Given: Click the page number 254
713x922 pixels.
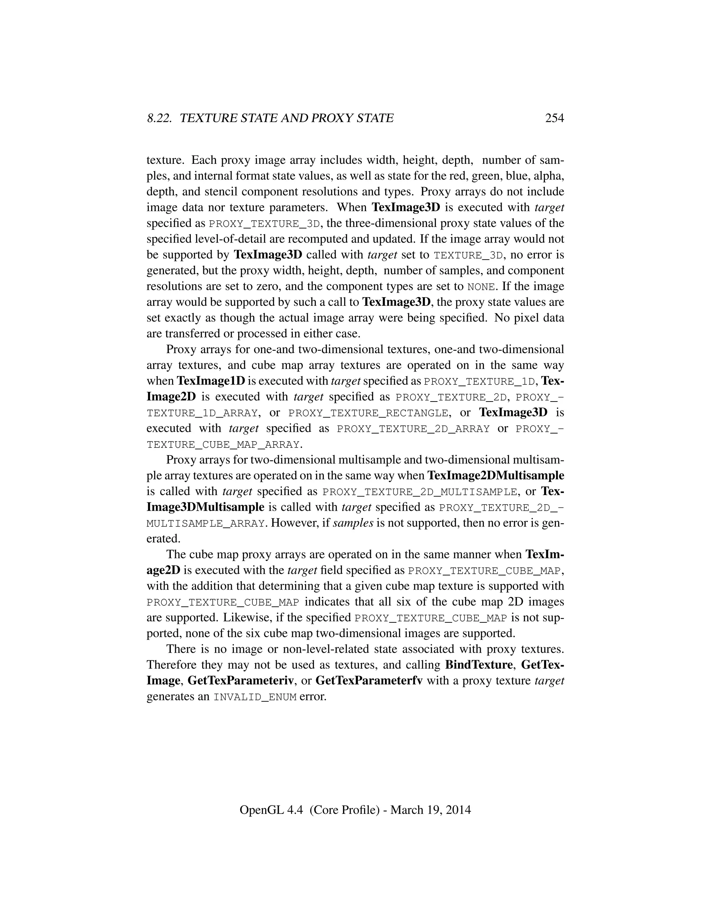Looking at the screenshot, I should point(555,118).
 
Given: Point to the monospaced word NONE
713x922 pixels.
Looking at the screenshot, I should point(481,287).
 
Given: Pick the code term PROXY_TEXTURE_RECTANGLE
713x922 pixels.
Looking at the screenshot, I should point(368,413).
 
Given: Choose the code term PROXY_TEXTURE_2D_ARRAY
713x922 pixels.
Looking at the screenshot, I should point(414,429).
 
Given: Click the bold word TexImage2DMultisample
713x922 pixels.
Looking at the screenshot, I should point(496,476).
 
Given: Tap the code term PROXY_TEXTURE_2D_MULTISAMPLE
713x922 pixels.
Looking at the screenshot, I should point(420,492).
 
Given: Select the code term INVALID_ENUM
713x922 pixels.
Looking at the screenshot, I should point(255,697).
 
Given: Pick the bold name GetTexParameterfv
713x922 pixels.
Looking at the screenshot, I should point(369,681).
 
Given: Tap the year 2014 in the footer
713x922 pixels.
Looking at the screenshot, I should point(458,810).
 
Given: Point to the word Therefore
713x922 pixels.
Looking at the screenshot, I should point(172,665).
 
